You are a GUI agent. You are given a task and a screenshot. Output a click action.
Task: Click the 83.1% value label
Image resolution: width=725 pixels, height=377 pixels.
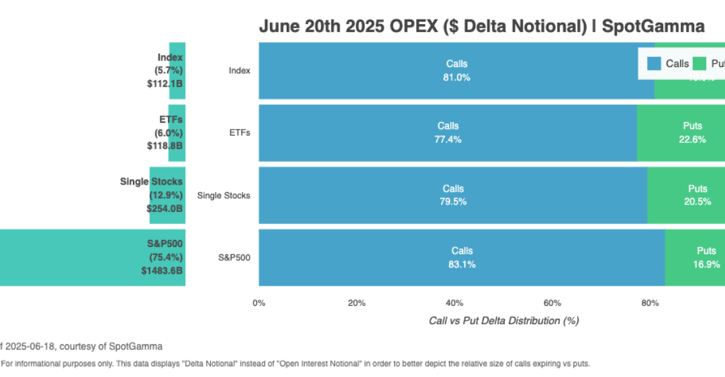point(462,264)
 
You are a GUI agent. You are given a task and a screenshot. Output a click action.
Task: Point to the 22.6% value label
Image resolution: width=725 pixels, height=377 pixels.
point(692,140)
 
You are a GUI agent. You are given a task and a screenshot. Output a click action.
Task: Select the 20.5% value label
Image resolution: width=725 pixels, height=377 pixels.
point(697,202)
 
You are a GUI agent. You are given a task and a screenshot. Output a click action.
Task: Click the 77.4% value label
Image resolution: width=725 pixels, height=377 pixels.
point(448,140)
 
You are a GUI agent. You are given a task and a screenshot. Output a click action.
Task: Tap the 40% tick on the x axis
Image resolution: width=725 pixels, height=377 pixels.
point(454,303)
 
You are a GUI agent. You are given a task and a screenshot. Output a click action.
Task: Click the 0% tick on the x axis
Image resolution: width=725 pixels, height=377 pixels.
point(258,303)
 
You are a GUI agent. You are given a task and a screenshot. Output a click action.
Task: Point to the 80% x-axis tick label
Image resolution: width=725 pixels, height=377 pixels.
point(650,303)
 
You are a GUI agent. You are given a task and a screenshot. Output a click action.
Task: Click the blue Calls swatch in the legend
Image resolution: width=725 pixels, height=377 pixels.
point(654,64)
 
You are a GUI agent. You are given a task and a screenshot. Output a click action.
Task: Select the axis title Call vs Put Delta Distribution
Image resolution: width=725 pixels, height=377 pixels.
point(503,321)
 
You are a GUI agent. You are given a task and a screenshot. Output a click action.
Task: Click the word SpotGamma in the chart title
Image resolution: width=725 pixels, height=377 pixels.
point(653,26)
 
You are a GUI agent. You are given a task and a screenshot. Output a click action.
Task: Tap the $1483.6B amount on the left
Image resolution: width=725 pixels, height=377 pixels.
point(161,270)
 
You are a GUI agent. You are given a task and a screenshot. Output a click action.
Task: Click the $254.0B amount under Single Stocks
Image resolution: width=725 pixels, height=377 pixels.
point(164,208)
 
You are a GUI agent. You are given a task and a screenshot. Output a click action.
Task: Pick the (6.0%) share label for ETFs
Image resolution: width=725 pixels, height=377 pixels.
point(168,133)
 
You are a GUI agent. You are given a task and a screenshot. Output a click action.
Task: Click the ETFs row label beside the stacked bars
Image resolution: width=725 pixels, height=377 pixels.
point(239,133)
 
